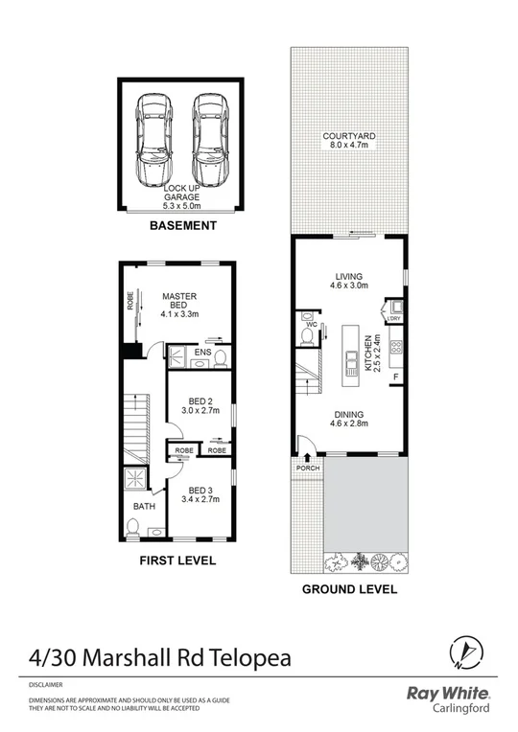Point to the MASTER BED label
[178, 303]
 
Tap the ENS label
[201, 353]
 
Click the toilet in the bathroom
[134, 527]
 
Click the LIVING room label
[348, 277]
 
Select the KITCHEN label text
[369, 353]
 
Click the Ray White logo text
[450, 694]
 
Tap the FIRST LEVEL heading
[177, 560]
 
